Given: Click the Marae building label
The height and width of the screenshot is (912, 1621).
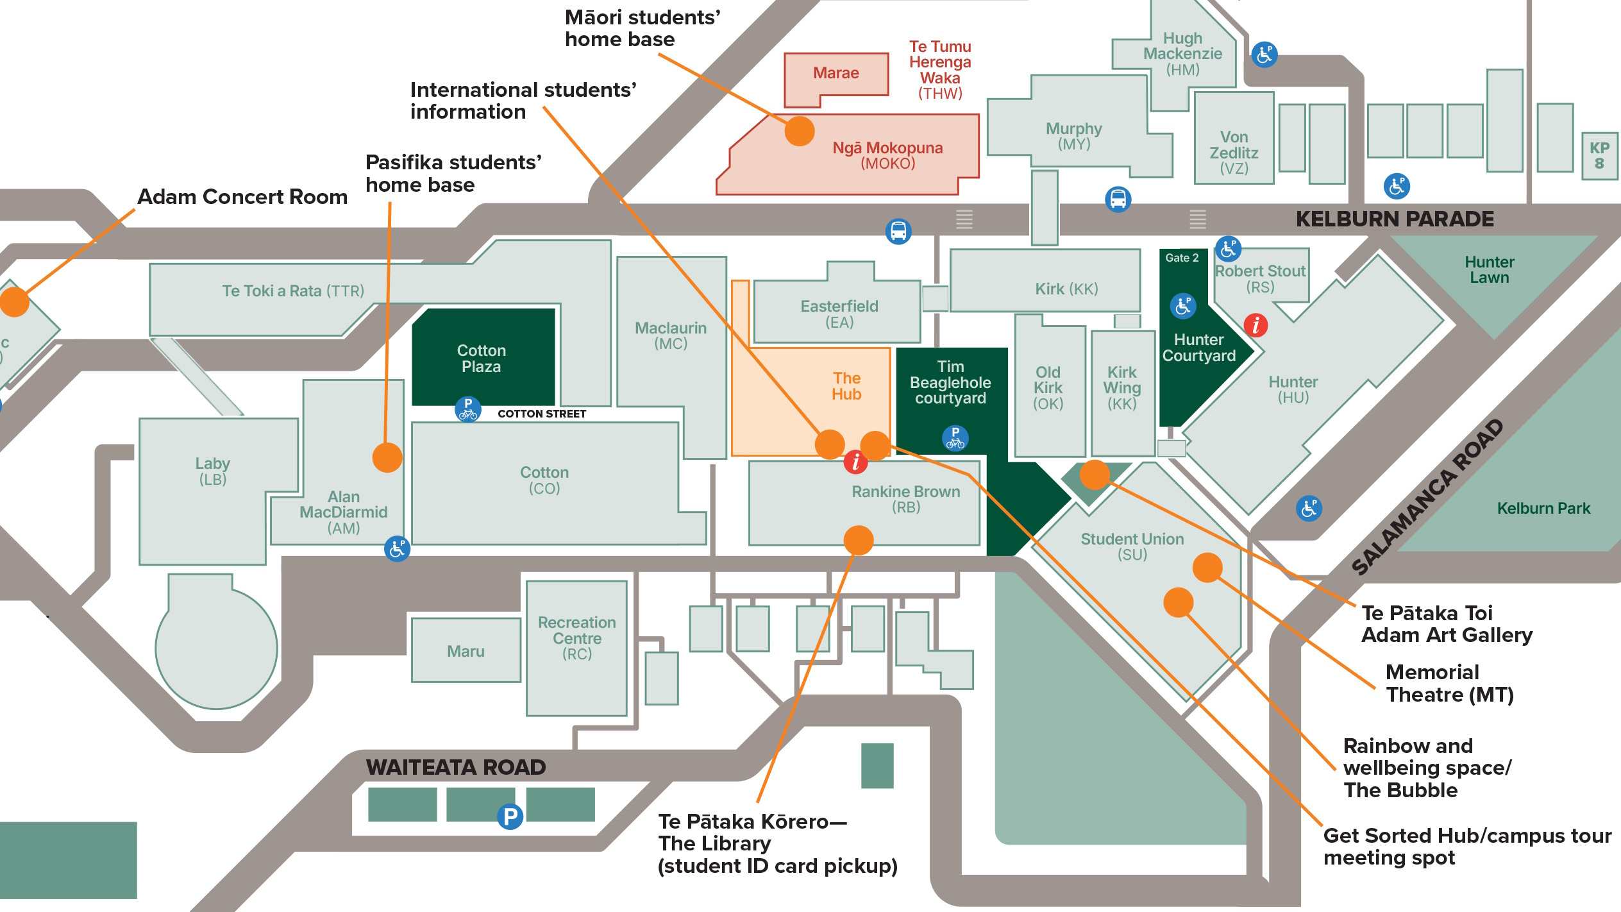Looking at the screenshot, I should point(836,73).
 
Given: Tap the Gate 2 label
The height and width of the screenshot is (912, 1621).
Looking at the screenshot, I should point(1182,258).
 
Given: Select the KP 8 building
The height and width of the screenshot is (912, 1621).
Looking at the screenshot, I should point(1599,156).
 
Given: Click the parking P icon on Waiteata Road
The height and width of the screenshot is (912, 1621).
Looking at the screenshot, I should point(510,816).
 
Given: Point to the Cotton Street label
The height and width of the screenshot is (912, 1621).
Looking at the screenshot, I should point(542,414).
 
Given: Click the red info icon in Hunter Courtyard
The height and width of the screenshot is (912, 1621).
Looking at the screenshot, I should point(1256,325).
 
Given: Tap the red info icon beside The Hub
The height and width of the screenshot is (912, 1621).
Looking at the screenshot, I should point(855,462).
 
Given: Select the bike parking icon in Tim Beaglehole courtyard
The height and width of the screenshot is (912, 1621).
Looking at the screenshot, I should point(955,439).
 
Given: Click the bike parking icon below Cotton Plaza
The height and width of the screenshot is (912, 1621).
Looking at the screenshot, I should point(468,409).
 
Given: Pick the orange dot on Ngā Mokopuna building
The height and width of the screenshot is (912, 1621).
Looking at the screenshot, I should point(800,131).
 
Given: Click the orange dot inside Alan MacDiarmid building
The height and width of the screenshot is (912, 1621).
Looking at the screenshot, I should point(387,458).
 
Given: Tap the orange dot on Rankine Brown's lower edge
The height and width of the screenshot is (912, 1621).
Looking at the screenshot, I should point(859,540).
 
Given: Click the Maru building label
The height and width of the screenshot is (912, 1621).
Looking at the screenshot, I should point(466,652).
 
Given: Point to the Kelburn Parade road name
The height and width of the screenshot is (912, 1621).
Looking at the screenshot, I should point(1394,219).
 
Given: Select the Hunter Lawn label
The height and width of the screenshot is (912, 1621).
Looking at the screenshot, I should point(1489,270).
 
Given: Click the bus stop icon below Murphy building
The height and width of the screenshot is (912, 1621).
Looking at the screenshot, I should point(1118,199).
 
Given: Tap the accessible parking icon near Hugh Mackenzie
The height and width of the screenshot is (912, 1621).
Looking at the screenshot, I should point(1264,55).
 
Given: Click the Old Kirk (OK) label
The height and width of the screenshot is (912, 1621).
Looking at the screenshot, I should point(1048,388).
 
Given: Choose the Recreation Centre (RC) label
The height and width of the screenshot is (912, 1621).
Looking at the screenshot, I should point(576,638).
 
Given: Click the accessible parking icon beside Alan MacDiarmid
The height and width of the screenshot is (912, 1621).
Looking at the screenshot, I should point(398,549).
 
